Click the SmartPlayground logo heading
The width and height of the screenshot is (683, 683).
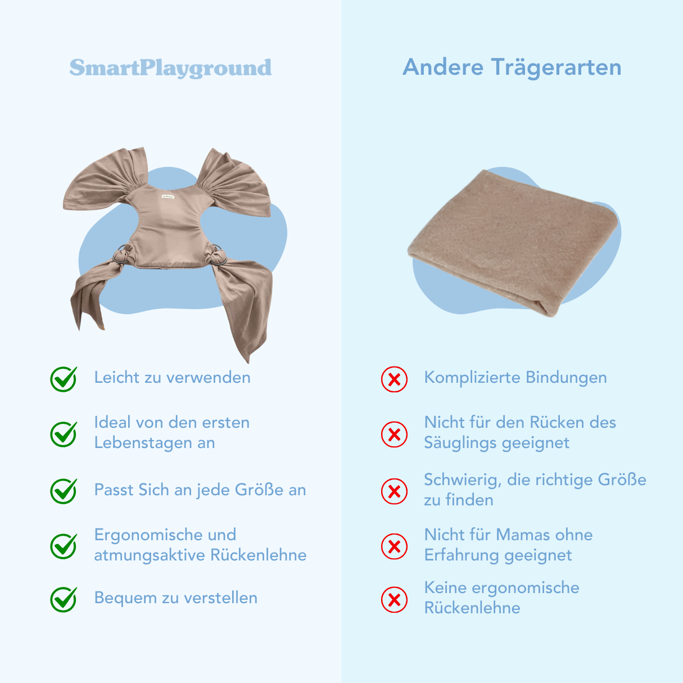point(170,68)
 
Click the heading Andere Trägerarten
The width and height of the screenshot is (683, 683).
point(512,67)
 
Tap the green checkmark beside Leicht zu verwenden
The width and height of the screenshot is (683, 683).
point(64,379)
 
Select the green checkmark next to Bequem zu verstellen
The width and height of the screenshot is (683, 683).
point(64,599)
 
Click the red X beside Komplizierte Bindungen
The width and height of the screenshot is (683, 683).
point(394,379)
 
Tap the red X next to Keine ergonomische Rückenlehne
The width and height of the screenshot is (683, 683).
point(394,599)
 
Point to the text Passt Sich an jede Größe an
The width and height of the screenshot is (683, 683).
point(200,490)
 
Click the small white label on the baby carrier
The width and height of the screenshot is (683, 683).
point(168,197)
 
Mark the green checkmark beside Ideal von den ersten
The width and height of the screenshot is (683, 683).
point(64,434)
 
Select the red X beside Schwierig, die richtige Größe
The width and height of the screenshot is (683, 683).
point(394,491)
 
